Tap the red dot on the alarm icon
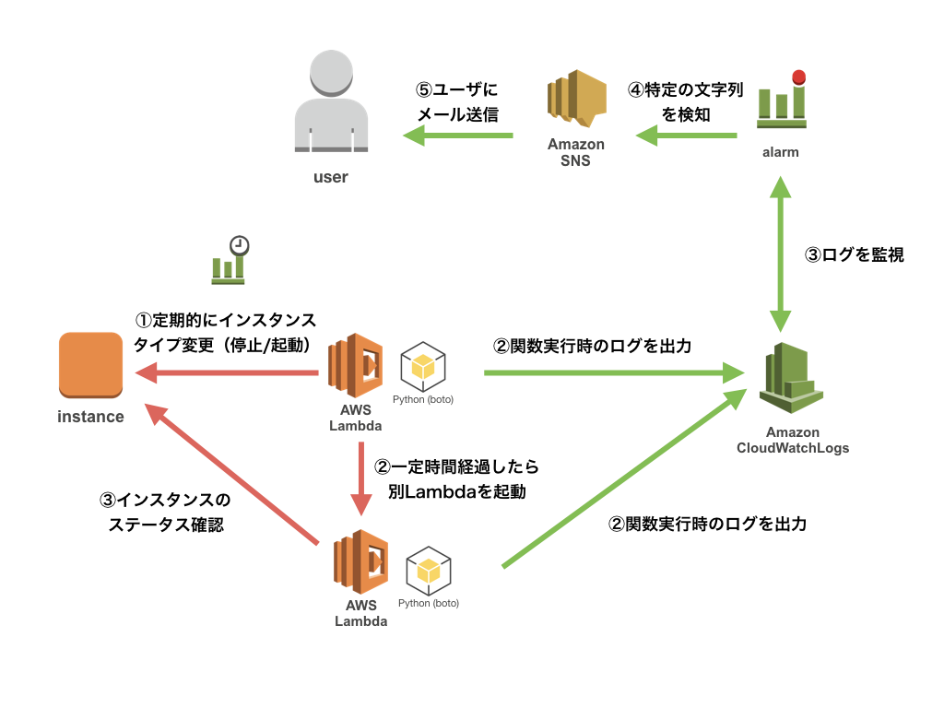798,77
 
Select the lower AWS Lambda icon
360,561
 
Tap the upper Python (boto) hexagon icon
423,367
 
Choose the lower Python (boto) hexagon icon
429,572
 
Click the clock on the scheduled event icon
240,245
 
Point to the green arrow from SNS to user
458,136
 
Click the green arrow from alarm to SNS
687,136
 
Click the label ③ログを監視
855,255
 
